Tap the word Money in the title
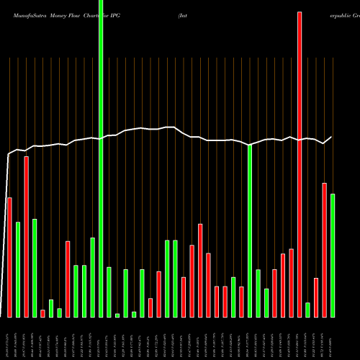pos(60,6)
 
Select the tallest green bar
pos(101,158)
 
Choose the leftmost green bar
pos(18,269)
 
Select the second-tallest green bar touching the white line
pos(250,230)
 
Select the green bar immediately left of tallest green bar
pos(92,277)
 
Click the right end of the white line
pos(332,137)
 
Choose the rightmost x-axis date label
pos(331,338)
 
